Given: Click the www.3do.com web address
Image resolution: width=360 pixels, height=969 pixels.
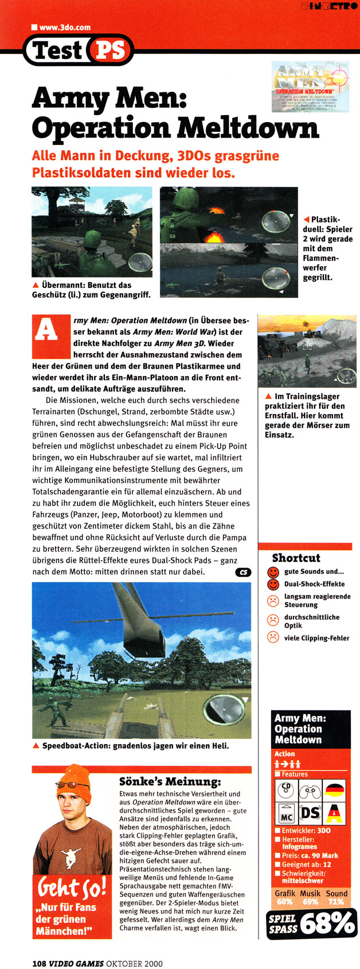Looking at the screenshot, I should pos(65,27).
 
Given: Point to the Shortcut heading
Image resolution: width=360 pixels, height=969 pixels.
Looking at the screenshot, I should pos(296,558).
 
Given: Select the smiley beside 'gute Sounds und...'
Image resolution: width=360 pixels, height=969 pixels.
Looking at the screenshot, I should pos(273,572).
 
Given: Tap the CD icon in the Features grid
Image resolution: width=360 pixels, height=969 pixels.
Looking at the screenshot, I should pos(286,791).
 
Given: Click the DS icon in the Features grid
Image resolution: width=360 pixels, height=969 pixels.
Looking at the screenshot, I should pos(310,812).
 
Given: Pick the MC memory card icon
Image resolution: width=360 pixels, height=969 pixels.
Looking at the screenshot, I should pos(286,812).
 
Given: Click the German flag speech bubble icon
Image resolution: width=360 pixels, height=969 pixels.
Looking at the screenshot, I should pos(335,791).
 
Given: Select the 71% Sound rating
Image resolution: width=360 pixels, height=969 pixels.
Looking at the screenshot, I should pos(336,902).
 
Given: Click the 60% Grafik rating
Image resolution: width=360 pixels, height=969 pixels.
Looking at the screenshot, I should pos(285,902).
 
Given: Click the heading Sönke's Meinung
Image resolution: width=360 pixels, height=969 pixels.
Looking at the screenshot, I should pos(162,782).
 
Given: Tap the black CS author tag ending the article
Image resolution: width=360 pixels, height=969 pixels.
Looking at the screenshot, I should pos(243,572).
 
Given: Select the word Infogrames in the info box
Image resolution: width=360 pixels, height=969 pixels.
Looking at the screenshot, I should pos(300,846).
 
